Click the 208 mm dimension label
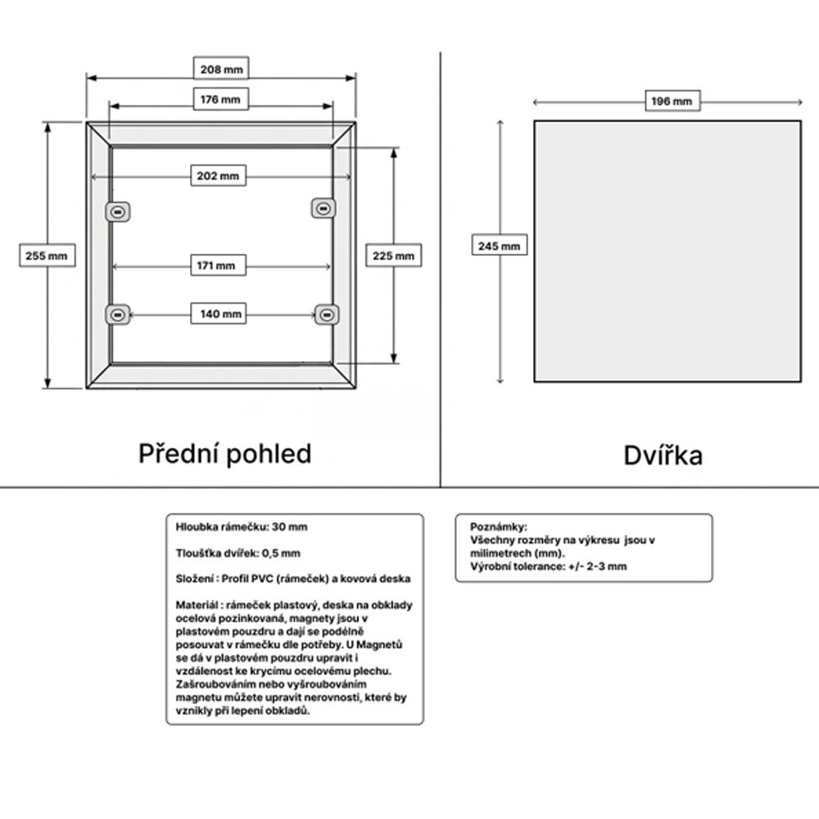(x=221, y=69)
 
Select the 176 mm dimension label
(x=221, y=99)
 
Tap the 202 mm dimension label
(x=219, y=175)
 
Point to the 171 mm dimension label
(x=219, y=265)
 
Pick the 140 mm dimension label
(x=219, y=314)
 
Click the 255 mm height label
(x=47, y=256)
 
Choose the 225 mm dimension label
(x=393, y=256)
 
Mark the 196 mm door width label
(x=672, y=102)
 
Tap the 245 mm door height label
(x=500, y=246)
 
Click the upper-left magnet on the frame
(x=118, y=212)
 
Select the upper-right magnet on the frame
(x=324, y=209)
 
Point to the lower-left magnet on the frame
(x=118, y=315)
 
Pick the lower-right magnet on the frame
(x=327, y=315)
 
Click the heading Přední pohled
(x=225, y=454)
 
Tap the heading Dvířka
(x=663, y=455)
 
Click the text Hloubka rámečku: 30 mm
(x=242, y=527)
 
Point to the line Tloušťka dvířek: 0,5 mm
(x=238, y=553)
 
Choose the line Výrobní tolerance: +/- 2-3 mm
(x=549, y=567)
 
